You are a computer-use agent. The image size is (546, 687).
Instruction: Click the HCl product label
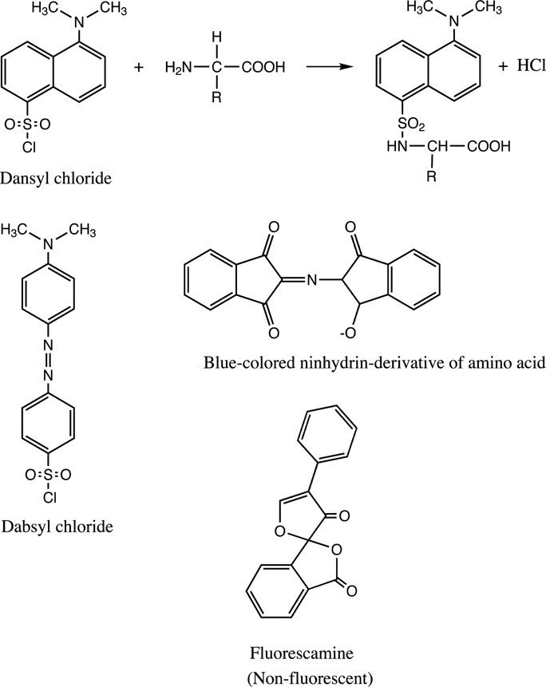click(524, 67)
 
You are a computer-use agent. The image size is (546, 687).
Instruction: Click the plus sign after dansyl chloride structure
click(140, 68)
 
